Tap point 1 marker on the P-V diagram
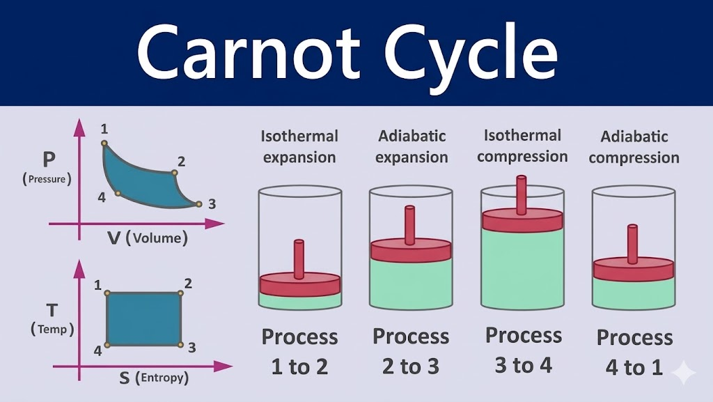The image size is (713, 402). pos(104,144)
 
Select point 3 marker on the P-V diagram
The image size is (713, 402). pos(198,204)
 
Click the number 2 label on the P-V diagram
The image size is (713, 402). pos(181,162)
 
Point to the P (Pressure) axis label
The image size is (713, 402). pos(48,167)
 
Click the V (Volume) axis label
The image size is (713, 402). pos(148,238)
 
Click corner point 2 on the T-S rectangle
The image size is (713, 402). pos(181,293)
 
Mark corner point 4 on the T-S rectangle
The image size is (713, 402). pos(107,344)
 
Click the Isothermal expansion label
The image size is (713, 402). pos(299,146)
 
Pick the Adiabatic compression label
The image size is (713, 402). pos(634,147)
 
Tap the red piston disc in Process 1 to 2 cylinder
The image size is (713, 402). pos(299,284)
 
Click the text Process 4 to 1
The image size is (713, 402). pos(634,352)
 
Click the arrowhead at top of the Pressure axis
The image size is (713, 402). pos(79,127)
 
